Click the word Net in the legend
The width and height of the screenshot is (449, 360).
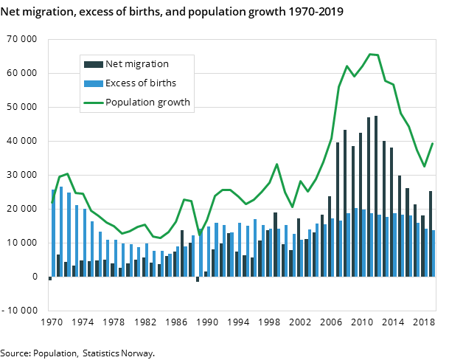click(115, 64)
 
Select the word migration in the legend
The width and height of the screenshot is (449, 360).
click(147, 64)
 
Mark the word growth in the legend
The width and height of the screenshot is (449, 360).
click(175, 102)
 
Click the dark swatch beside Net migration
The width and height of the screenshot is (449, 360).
click(93, 64)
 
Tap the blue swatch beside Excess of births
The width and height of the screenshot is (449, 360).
click(93, 83)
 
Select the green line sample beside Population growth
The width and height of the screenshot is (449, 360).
click(93, 102)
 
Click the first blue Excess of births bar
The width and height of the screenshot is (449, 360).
click(53, 232)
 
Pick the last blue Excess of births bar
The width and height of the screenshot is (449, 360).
click(434, 253)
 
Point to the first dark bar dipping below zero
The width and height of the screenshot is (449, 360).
click(50, 278)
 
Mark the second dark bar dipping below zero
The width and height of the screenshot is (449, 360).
click(198, 279)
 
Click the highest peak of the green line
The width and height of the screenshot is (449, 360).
click(370, 54)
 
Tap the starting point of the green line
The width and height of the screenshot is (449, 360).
click(52, 202)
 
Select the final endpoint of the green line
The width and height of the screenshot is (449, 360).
click(432, 144)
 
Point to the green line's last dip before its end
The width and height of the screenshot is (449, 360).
click(425, 167)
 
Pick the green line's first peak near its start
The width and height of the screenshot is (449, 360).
click(67, 174)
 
